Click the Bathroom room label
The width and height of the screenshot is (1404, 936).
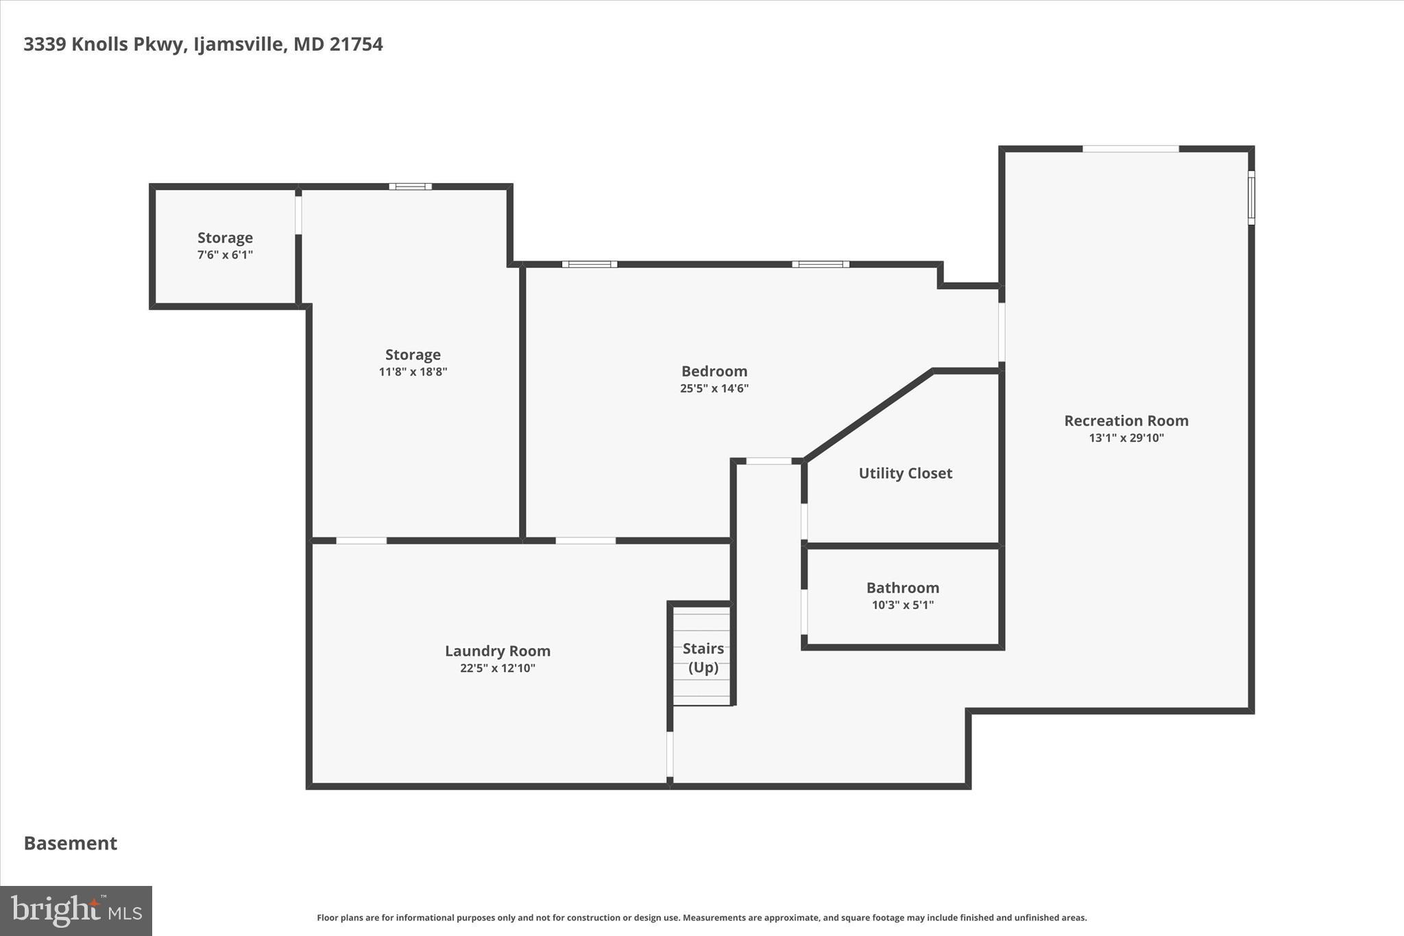[x=902, y=588]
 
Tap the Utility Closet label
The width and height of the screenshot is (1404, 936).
[x=905, y=473]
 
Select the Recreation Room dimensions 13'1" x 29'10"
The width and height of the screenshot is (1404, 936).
[x=1126, y=438]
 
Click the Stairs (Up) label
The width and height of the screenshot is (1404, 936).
[x=703, y=658]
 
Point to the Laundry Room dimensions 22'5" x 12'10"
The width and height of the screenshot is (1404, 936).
[x=497, y=669]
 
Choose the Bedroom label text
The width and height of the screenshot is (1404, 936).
[x=714, y=371]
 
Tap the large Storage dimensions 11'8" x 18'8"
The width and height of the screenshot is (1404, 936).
[x=413, y=372]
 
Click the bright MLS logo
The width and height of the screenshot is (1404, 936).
[x=76, y=911]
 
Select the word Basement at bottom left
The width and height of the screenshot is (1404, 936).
[x=71, y=843]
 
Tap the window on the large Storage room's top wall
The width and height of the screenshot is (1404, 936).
[x=410, y=187]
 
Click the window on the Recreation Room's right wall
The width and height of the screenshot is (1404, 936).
[x=1250, y=197]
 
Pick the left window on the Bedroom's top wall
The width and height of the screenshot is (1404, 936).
[x=589, y=264]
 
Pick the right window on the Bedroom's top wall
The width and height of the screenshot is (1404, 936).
[x=820, y=264]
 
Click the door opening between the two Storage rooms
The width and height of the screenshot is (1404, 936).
[x=298, y=215]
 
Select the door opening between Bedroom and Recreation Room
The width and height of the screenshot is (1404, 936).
[x=1002, y=333]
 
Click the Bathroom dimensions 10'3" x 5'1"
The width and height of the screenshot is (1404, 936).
[x=902, y=605]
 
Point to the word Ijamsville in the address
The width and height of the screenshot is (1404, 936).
[x=238, y=45]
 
